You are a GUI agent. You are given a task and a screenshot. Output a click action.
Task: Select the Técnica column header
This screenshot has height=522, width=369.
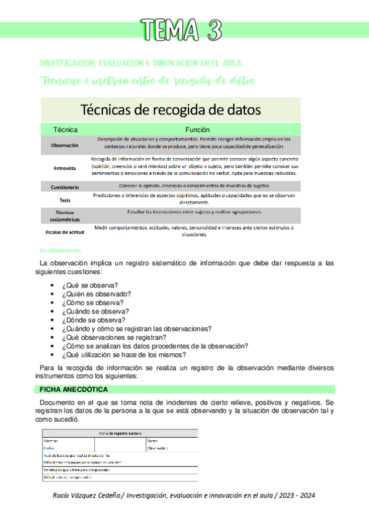(65, 130)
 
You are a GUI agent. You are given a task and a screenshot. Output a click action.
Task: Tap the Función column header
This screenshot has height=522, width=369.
(198, 130)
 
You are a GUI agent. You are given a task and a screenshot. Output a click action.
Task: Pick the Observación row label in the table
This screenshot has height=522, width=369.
(65, 145)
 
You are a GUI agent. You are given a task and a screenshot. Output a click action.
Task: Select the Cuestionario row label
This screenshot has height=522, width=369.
(65, 186)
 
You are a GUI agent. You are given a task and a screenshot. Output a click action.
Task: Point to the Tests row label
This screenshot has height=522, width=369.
(65, 200)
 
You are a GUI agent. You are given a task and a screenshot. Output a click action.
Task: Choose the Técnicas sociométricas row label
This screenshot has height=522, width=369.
(65, 215)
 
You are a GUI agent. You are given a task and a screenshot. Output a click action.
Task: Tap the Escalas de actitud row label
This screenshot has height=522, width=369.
(65, 232)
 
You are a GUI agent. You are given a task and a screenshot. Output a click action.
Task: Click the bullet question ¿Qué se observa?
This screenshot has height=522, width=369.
(91, 285)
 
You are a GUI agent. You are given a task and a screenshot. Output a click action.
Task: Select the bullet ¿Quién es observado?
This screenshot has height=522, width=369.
(97, 294)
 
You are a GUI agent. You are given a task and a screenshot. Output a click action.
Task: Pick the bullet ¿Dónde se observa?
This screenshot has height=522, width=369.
(94, 319)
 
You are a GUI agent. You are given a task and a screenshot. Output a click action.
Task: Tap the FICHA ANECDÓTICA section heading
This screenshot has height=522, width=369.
(74, 390)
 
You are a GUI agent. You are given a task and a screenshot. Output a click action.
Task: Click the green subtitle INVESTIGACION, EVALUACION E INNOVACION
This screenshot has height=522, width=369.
(140, 63)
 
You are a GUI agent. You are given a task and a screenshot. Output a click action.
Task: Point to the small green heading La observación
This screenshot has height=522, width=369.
(60, 251)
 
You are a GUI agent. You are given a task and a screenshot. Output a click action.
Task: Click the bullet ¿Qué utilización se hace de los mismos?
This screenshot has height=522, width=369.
(124, 355)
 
